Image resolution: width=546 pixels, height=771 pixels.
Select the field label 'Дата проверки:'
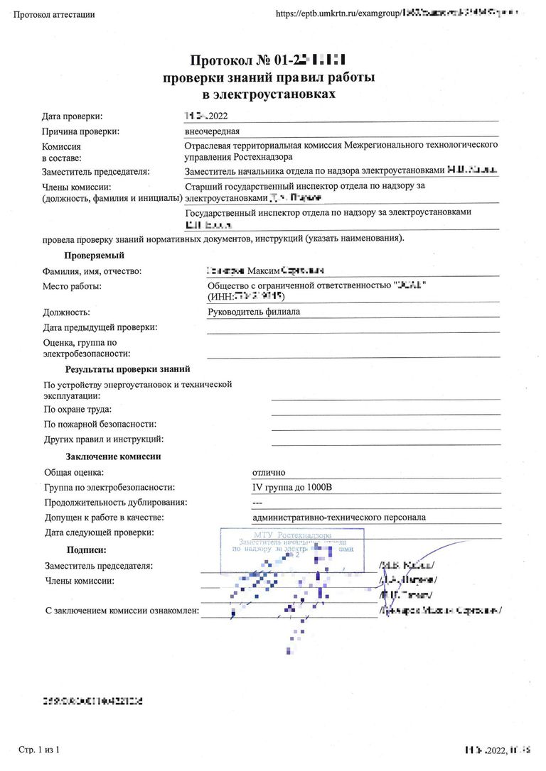(72, 116)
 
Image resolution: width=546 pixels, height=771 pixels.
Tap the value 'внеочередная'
(212, 131)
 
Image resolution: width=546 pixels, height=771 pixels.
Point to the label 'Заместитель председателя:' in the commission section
(95, 171)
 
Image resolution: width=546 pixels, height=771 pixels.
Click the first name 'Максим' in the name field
(264, 270)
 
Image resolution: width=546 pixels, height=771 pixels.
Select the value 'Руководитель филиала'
(254, 312)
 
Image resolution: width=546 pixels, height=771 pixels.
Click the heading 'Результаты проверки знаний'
(127, 369)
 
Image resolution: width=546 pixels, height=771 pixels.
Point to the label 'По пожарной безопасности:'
(100, 424)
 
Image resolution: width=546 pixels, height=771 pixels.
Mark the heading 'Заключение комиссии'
(113, 456)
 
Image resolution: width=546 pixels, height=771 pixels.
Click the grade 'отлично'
(269, 472)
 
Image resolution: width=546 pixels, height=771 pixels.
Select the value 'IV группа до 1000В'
(292, 487)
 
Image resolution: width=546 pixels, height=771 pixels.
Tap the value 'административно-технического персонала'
(339, 517)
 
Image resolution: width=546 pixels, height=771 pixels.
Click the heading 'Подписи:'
(86, 550)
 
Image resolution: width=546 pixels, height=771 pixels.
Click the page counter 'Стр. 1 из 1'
(38, 750)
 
